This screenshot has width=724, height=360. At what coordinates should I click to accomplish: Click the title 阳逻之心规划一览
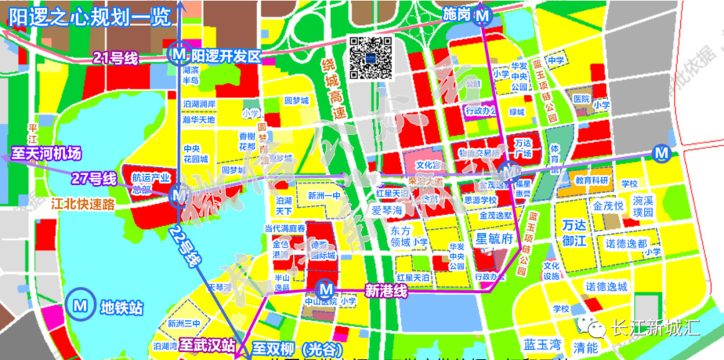(x=87, y=17)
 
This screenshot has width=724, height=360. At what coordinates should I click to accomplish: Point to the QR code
(x=371, y=57)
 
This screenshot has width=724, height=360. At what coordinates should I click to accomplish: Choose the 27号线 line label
(x=93, y=178)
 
